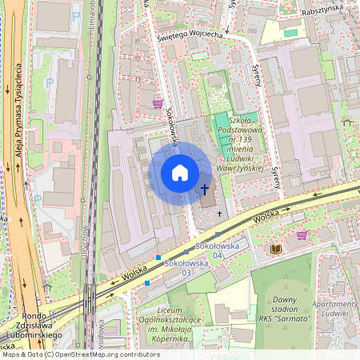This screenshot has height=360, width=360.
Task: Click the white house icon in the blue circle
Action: tap(180, 172)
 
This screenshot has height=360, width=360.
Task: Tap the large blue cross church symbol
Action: tap(206, 190)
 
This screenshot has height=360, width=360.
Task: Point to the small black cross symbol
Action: tap(220, 214)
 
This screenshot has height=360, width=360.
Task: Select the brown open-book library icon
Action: tap(277, 250)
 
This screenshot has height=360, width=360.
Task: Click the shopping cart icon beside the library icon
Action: tap(302, 235)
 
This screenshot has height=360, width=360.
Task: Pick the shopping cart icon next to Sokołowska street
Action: tap(158, 103)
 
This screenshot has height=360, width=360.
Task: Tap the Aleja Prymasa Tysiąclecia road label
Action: tap(16, 120)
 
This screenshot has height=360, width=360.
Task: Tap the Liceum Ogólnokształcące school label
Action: tap(166, 325)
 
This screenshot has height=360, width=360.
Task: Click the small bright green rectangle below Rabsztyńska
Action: tap(290, 33)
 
